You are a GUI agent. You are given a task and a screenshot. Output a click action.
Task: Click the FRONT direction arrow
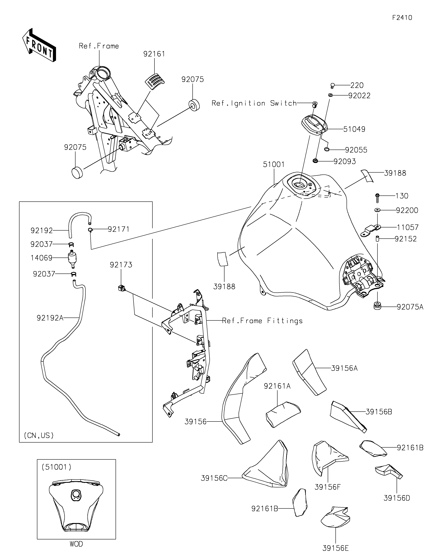coord(39,45)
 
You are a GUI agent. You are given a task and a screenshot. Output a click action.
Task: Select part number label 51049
coord(354,129)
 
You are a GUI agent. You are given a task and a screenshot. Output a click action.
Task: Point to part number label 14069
coord(42,258)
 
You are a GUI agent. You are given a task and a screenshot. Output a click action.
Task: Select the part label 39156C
coord(214,478)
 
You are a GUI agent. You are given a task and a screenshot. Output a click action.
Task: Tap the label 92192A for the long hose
coord(50,318)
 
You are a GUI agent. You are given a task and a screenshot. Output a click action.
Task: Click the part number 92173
coord(121,265)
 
